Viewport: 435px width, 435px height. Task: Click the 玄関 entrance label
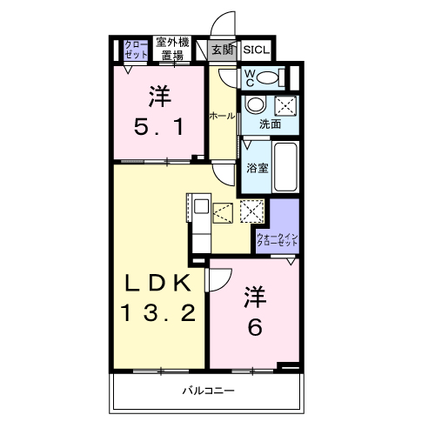223,50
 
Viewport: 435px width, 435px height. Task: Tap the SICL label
256,50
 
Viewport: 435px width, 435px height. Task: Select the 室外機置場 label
171,49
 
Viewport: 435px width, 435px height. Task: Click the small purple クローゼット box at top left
136,49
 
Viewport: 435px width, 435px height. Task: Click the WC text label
249,77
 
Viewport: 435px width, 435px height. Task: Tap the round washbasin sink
256,107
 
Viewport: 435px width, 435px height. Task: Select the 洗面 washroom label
270,124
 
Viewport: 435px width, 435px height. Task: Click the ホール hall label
219,116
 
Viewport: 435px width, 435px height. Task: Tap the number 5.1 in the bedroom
158,129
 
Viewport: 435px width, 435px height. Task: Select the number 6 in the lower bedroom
253,327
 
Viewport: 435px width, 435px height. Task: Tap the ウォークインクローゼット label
278,241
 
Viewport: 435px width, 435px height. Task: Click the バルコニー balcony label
209,391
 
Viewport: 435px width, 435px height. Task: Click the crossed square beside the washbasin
284,106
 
